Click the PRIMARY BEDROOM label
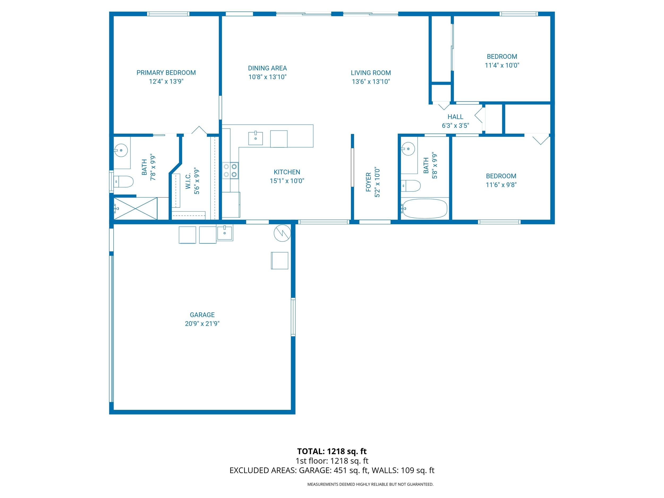tap(166, 73)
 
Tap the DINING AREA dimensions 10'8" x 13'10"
tap(267, 77)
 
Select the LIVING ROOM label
tap(371, 73)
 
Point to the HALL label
tap(455, 117)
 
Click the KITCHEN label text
tap(287, 172)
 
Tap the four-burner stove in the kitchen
tap(230, 171)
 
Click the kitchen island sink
tap(256, 138)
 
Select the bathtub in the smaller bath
tap(424, 208)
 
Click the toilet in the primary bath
tap(124, 182)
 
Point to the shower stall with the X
tap(135, 208)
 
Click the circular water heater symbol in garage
tap(282, 233)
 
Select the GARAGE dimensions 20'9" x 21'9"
tap(202, 324)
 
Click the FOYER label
tap(369, 182)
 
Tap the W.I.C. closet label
tap(188, 181)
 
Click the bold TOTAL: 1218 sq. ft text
tap(332, 451)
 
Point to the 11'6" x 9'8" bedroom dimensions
tap(501, 185)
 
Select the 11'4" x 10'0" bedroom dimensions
tap(502, 65)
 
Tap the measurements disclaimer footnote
tap(370, 484)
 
